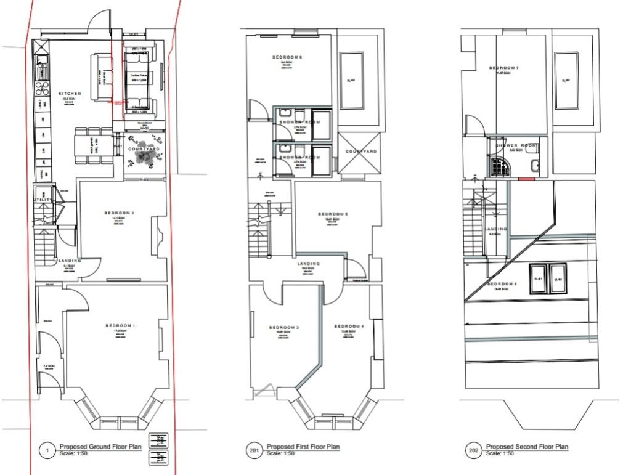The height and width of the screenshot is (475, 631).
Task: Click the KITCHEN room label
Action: pyautogui.click(x=70, y=94)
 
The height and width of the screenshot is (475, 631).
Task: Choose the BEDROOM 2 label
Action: pyautogui.click(x=120, y=213)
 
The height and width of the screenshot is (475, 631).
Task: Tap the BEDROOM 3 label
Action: pyautogui.click(x=283, y=327)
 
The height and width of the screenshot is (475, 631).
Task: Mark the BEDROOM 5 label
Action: pyautogui.click(x=333, y=214)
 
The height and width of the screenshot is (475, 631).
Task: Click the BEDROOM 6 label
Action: pyautogui.click(x=287, y=57)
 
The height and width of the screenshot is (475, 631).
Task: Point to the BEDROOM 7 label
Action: pyautogui.click(x=504, y=67)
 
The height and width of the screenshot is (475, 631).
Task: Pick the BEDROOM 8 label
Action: pyautogui.click(x=503, y=283)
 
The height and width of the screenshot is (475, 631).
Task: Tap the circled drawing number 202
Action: pyautogui.click(x=474, y=451)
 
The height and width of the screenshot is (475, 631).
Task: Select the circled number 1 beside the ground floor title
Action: pyautogui.click(x=47, y=451)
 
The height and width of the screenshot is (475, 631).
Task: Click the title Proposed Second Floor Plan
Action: pyautogui.click(x=527, y=447)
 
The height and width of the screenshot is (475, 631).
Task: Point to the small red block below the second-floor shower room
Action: pyautogui.click(x=526, y=179)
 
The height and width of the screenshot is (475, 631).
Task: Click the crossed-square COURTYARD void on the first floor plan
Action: pyautogui.click(x=360, y=152)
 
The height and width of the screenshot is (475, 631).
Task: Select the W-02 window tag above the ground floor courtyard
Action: pyautogui.click(x=144, y=129)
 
